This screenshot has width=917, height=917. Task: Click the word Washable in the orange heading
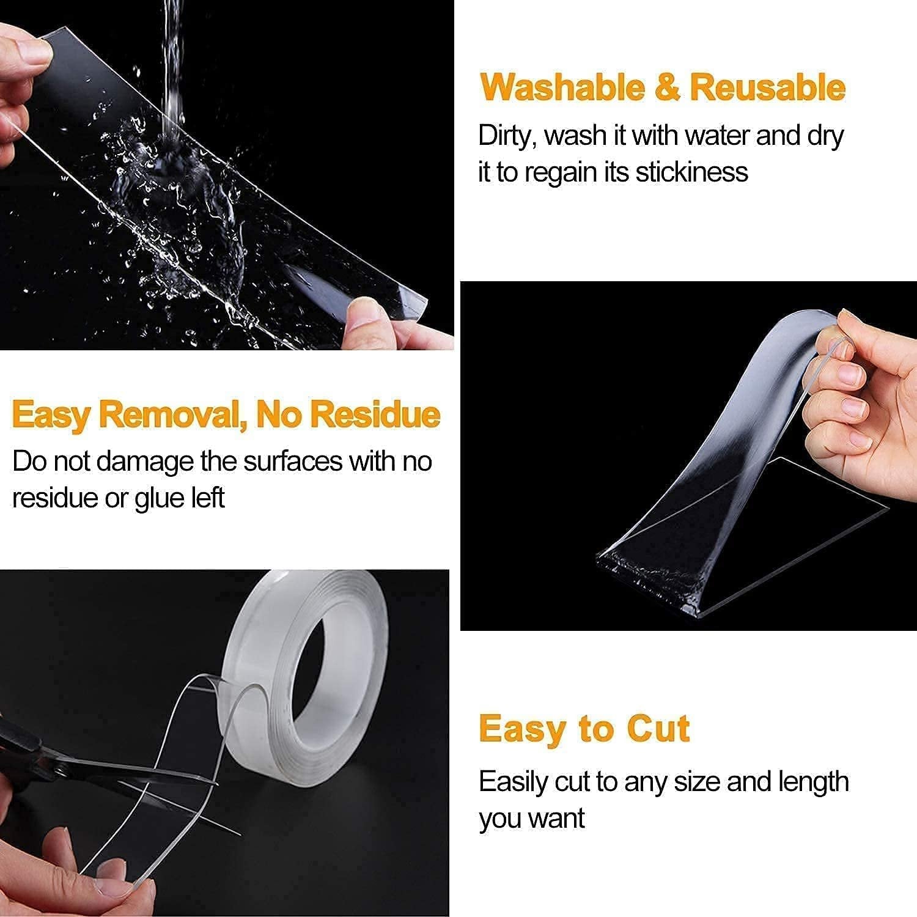click(562, 87)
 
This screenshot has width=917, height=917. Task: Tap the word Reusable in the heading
click(767, 87)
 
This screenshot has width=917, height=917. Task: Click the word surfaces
click(293, 462)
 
